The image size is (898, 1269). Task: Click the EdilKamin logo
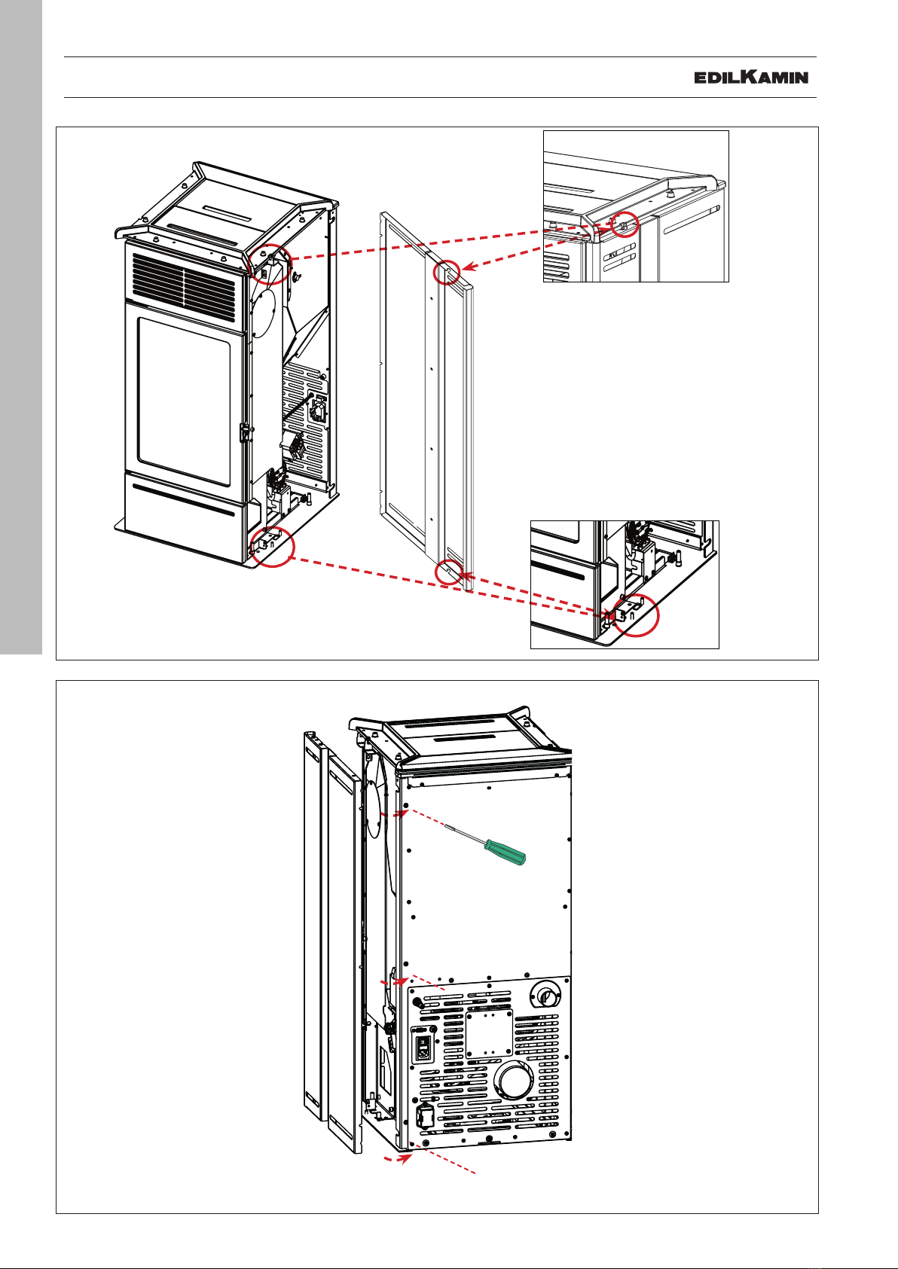(750, 77)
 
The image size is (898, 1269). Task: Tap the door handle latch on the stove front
(246, 433)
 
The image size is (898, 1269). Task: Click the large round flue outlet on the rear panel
(513, 1081)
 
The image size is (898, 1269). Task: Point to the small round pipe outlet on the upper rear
(545, 995)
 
